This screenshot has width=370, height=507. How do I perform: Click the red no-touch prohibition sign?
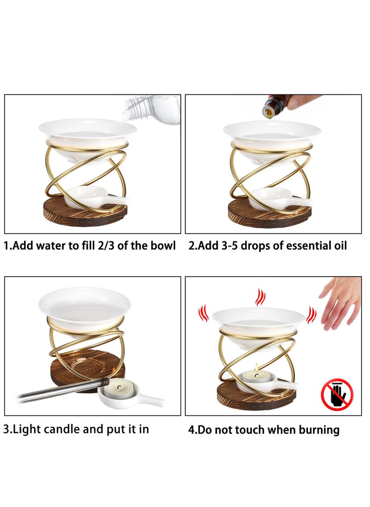(x=337, y=395)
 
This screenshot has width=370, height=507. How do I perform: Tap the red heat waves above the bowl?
(x=261, y=297)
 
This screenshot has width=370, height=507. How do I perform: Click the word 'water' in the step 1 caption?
(x=52, y=246)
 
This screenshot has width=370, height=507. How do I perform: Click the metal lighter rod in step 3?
(x=60, y=390)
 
